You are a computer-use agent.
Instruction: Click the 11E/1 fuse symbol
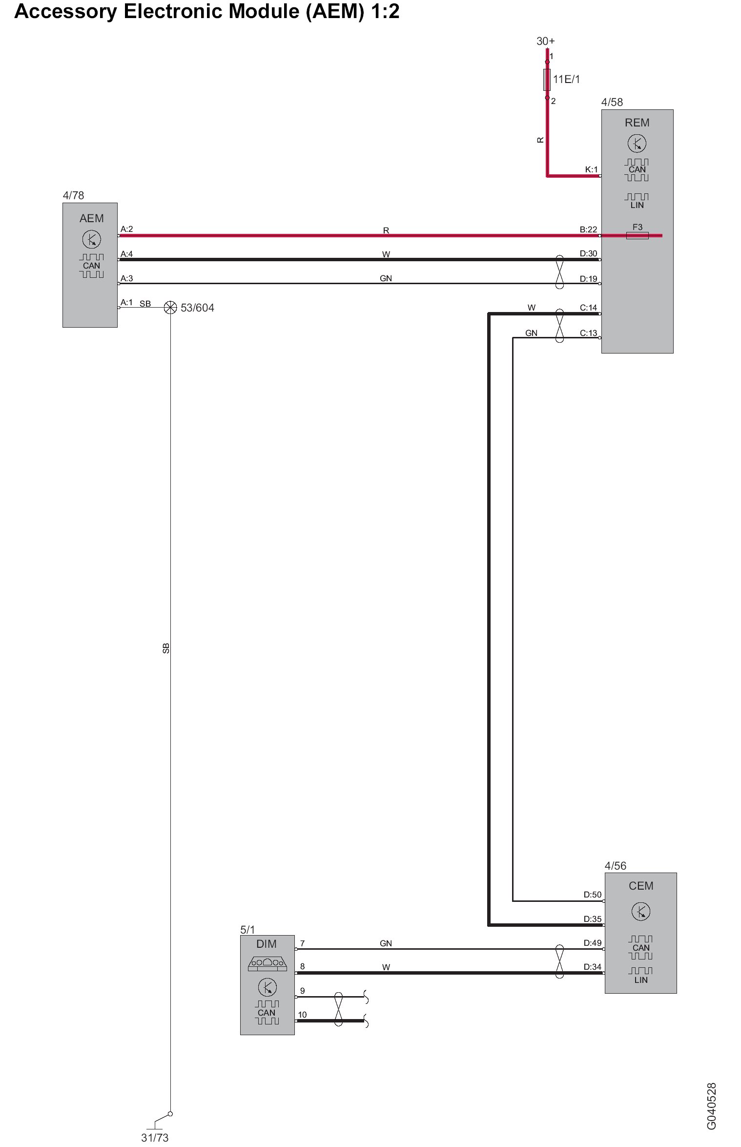click(547, 80)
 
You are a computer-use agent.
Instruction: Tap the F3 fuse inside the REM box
click(637, 235)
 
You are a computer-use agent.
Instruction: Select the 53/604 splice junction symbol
click(170, 307)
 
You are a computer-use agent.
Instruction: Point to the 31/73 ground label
click(155, 1138)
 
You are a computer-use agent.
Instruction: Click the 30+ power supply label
click(545, 42)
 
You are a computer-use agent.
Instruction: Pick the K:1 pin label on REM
click(591, 170)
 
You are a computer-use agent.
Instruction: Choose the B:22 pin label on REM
click(588, 229)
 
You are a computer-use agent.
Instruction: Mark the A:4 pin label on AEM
click(126, 254)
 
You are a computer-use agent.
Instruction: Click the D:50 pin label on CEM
click(593, 895)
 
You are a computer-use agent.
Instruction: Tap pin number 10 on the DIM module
click(302, 1015)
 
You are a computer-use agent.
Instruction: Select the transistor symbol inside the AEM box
click(91, 240)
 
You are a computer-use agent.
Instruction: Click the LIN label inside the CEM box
click(640, 980)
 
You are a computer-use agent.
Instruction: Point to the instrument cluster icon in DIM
click(267, 962)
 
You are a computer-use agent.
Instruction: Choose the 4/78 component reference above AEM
click(73, 195)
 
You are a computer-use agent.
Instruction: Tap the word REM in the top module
click(637, 123)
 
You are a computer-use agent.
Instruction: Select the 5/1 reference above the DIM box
click(247, 930)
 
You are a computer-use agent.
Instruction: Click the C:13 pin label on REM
click(588, 333)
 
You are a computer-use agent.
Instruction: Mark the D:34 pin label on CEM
click(593, 967)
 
